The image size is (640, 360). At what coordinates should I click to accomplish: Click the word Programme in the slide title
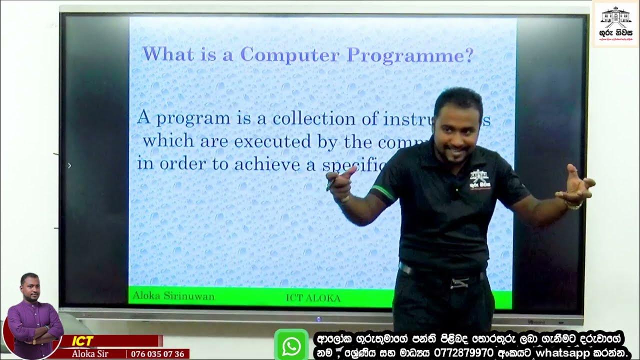click(410, 55)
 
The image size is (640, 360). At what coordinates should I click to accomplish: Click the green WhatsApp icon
click(291, 345)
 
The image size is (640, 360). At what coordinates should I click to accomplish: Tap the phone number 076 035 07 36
click(158, 354)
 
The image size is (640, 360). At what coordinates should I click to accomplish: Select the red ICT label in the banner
click(82, 341)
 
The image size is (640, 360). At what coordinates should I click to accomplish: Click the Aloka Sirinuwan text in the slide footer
click(173, 296)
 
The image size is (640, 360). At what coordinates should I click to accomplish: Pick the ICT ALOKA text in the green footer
click(313, 298)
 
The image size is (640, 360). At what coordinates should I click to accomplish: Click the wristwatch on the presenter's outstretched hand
click(573, 205)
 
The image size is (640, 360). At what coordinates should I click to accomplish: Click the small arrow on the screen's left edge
click(69, 165)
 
